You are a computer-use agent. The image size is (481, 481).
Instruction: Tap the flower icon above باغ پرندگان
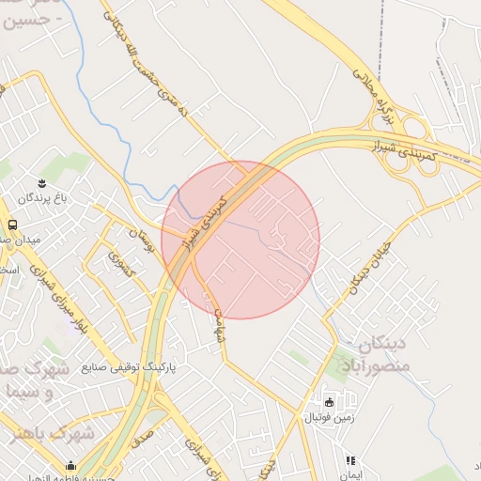click(x=41, y=182)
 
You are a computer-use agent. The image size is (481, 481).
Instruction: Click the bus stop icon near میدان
click(x=12, y=225)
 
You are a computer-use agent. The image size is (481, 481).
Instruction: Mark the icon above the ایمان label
click(x=351, y=461)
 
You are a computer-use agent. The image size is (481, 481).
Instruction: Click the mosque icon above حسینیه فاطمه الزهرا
click(x=70, y=465)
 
